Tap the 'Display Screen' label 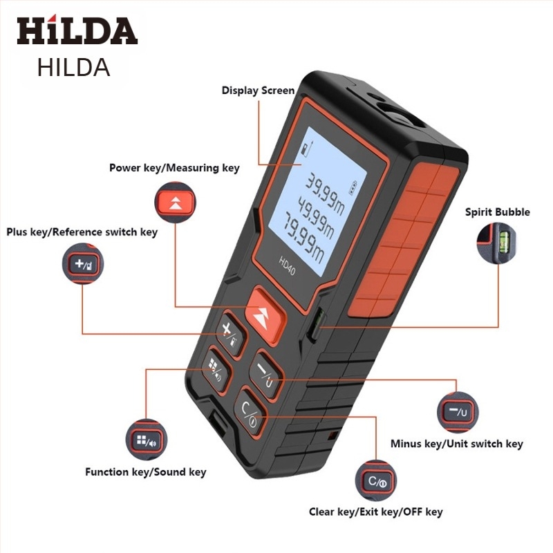(258, 91)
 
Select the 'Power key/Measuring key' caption (174, 168)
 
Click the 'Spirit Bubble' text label (497, 212)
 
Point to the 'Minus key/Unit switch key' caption (456, 444)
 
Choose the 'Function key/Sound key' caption (146, 472)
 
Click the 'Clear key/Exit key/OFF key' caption (375, 512)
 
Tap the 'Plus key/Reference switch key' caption (82, 232)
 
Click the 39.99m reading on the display (325, 194)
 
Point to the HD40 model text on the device (287, 266)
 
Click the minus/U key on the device (266, 374)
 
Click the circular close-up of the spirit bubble (496, 243)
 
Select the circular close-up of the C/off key (376, 481)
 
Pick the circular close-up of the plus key (83, 263)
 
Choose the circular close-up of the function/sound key (147, 440)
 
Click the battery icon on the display (353, 188)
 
